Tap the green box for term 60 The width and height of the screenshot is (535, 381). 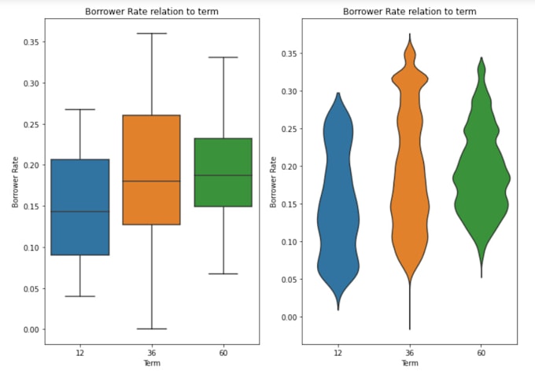tap(223, 173)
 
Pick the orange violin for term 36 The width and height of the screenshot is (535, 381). tap(409, 157)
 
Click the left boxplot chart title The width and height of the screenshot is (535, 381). tap(150, 12)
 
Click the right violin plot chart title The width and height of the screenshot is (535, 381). tap(409, 12)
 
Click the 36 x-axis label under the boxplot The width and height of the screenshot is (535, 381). tap(152, 354)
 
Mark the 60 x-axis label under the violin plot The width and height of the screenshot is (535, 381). tap(481, 354)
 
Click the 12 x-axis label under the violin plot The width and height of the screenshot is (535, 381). tap(338, 354)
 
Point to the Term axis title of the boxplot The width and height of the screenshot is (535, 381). tap(151, 364)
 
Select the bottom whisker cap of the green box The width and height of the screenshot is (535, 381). tap(223, 273)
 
